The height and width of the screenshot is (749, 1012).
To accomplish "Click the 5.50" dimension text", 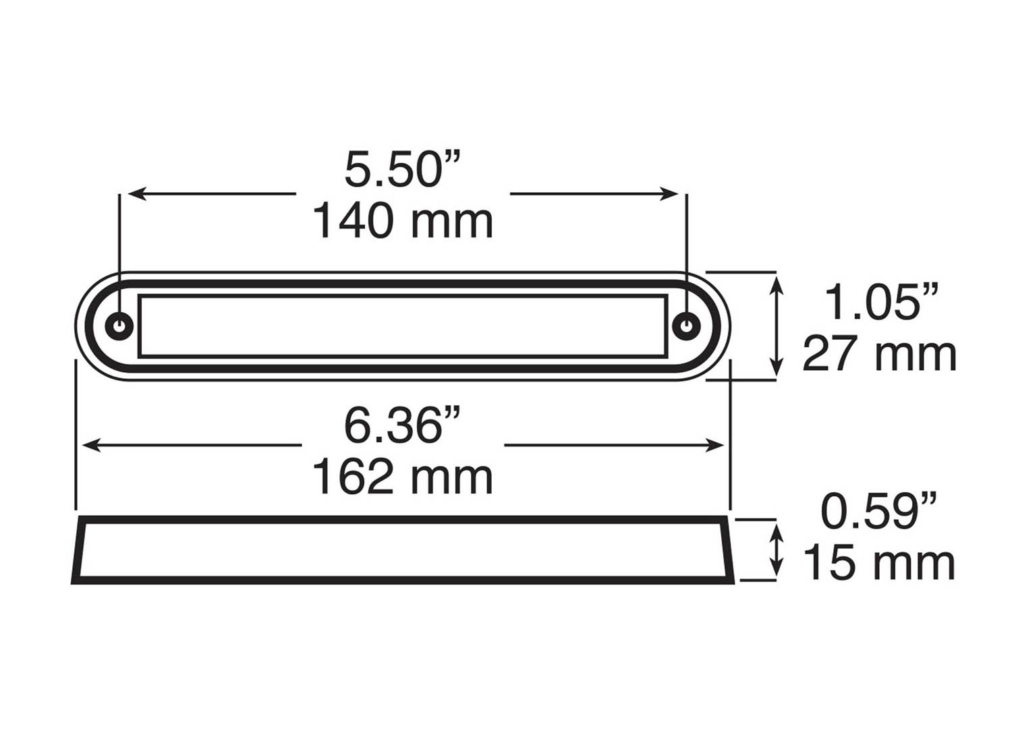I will pyautogui.click(x=402, y=170).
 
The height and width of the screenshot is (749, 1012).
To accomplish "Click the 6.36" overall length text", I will pyautogui.click(x=402, y=426).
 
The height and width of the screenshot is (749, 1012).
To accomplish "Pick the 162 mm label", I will pyautogui.click(x=403, y=477).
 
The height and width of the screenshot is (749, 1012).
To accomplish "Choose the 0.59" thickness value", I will pyautogui.click(x=878, y=512).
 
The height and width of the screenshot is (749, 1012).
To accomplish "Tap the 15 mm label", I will pyautogui.click(x=879, y=564).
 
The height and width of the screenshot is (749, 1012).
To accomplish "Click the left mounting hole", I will pyautogui.click(x=119, y=326).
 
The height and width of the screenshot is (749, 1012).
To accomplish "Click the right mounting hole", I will pyautogui.click(x=686, y=326).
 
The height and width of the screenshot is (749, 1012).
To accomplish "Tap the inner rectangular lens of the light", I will pyautogui.click(x=403, y=326).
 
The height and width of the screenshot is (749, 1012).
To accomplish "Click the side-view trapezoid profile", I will pyautogui.click(x=403, y=549).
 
